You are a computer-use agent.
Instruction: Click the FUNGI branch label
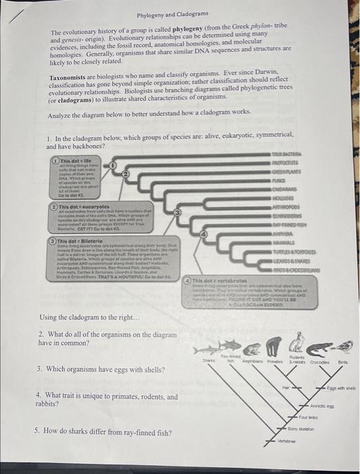tap(298, 181)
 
